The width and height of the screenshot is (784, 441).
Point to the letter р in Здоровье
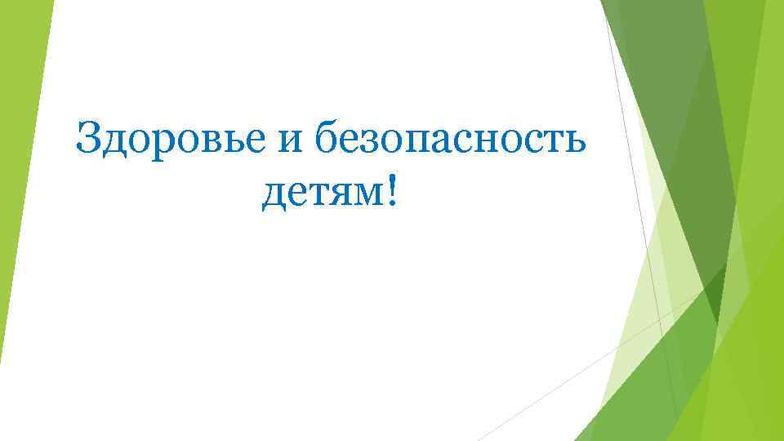[163, 145]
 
